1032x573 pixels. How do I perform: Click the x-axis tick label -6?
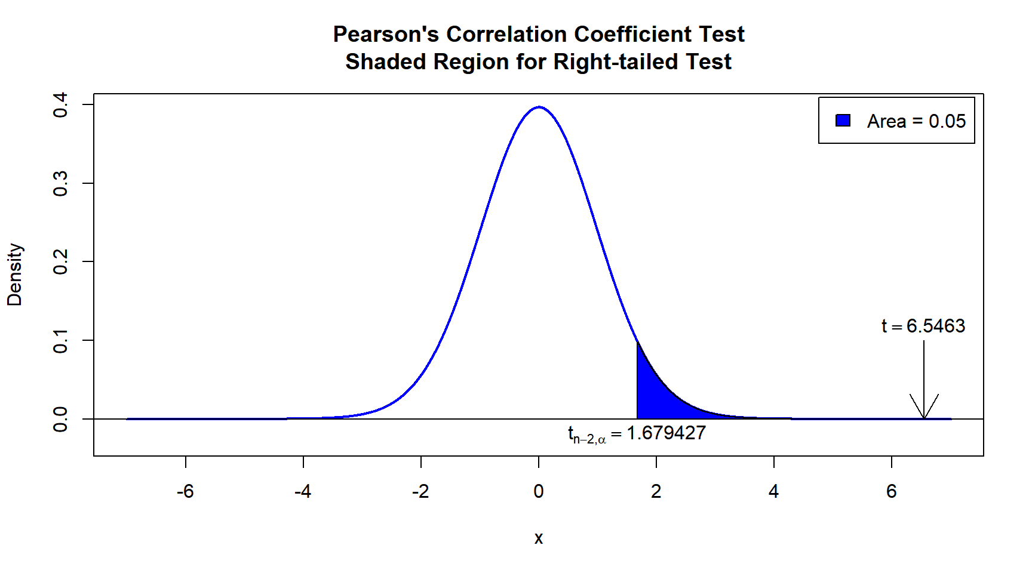coord(185,491)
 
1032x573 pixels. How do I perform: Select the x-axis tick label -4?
coord(303,491)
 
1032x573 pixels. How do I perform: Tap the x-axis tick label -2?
coord(420,491)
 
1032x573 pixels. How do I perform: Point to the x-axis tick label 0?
coord(539,491)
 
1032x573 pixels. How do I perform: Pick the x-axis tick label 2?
coord(656,491)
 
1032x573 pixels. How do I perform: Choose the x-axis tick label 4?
coord(774,491)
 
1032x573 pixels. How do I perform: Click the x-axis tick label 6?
coord(892,491)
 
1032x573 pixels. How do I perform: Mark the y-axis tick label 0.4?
coord(60,105)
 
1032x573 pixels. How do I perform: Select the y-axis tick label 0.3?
coord(60,183)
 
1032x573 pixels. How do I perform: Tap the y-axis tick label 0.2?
coord(60,261)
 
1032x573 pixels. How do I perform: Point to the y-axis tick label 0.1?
coord(60,340)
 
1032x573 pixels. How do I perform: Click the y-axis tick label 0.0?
coord(60,419)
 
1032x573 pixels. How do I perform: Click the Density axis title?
coord(14,275)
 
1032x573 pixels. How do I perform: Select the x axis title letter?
coord(539,538)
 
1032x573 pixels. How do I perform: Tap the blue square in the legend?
coord(843,121)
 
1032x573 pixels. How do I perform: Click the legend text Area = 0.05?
coord(916,121)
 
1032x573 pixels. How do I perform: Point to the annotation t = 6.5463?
coord(923,326)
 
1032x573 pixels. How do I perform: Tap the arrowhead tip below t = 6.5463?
coord(924,418)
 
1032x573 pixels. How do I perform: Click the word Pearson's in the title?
coord(386,35)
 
